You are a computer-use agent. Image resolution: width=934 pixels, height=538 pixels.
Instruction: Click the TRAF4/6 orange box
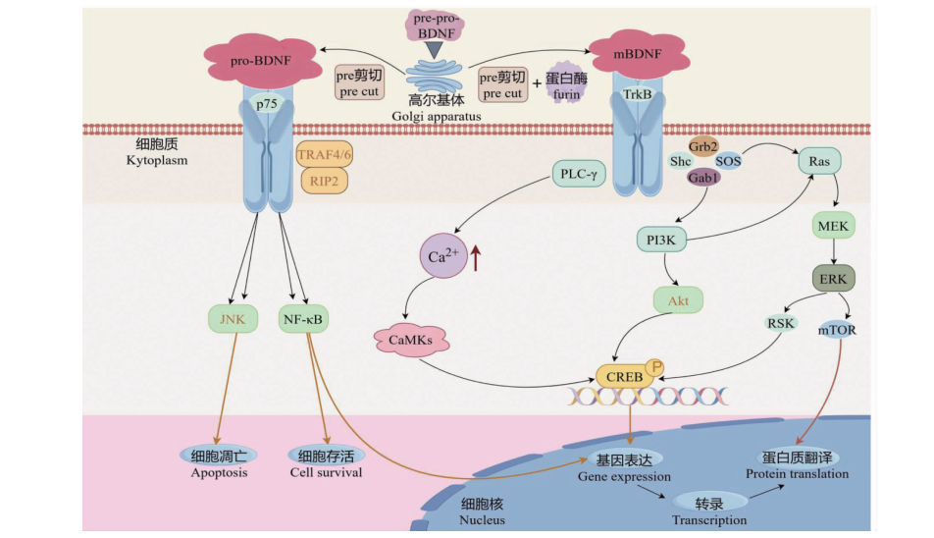coord(323,155)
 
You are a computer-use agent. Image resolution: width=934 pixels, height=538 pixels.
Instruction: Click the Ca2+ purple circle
coord(444,258)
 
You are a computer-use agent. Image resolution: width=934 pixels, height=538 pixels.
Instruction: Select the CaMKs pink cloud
coord(412,340)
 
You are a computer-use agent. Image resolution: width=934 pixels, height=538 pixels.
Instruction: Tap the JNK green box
coord(232,318)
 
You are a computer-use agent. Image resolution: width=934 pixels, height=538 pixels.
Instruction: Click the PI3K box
coord(660,240)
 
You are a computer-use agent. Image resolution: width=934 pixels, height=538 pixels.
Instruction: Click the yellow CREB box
coord(625,376)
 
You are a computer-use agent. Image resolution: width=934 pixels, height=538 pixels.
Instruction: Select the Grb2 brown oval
coord(707,144)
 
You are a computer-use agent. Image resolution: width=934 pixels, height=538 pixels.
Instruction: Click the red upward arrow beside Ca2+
coord(478,258)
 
